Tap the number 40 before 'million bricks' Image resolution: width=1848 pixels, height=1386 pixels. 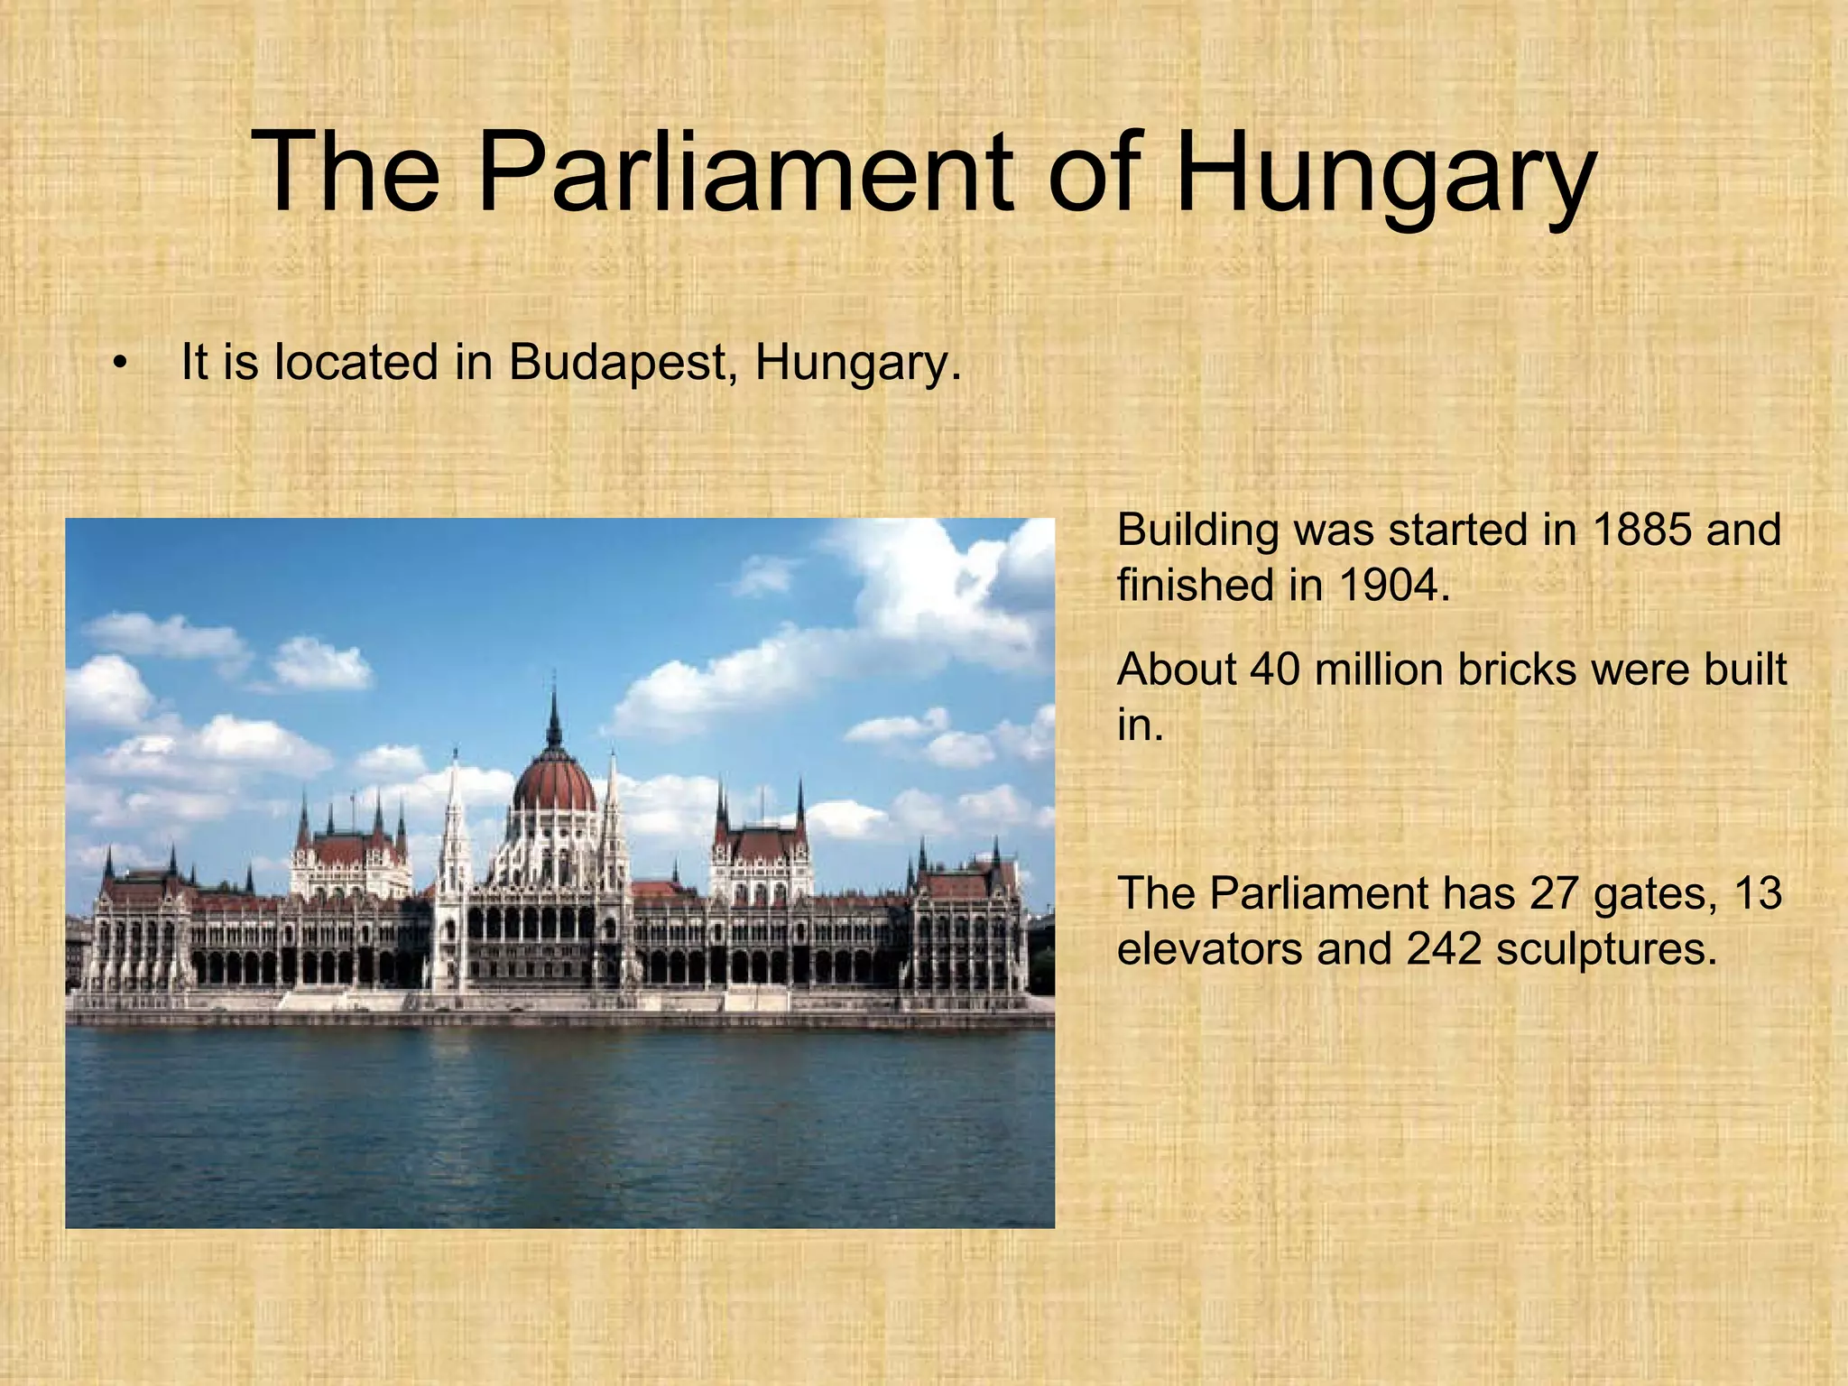[x=1274, y=670]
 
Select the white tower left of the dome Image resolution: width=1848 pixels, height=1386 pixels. [x=454, y=839]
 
